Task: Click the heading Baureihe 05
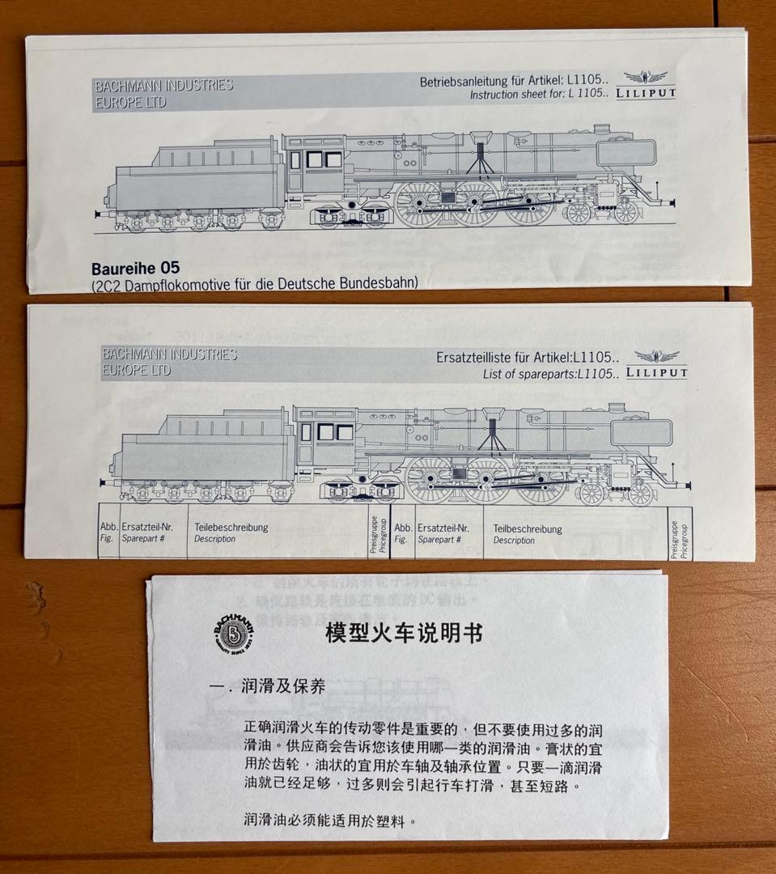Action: pyautogui.click(x=135, y=268)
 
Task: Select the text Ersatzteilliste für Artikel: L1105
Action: pyautogui.click(x=528, y=357)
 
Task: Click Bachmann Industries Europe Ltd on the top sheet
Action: pyautogui.click(x=164, y=93)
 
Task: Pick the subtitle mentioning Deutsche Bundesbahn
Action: pyautogui.click(x=255, y=283)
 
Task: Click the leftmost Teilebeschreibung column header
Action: pyautogui.click(x=231, y=532)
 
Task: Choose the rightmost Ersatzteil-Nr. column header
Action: pyautogui.click(x=445, y=533)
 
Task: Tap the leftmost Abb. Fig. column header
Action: pyautogui.click(x=109, y=532)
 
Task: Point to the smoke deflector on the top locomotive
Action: pyautogui.click(x=625, y=154)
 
